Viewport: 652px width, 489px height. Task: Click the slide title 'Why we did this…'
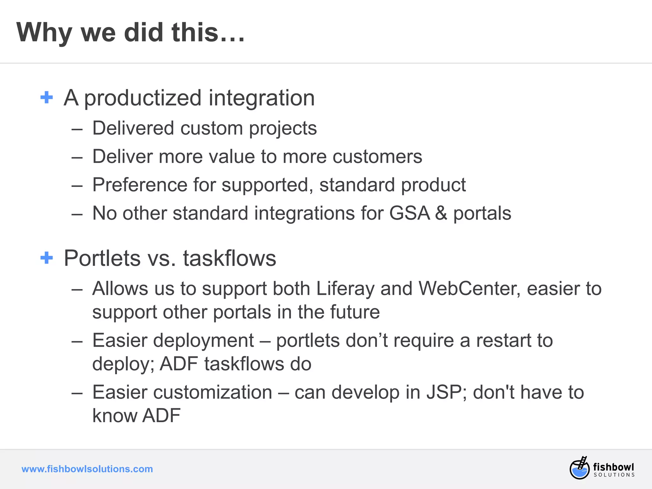coord(131,32)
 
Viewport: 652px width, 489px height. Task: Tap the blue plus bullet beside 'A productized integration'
coord(46,97)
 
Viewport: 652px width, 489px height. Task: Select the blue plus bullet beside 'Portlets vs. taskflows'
coord(46,258)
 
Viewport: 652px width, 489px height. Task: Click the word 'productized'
coord(143,98)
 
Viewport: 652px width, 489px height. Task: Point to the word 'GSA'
coord(409,213)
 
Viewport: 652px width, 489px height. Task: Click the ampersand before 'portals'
coord(441,213)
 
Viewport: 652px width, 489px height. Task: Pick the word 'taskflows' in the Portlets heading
coord(230,258)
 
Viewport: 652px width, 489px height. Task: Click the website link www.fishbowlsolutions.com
coord(87,469)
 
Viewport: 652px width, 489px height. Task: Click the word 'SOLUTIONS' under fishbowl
coord(614,475)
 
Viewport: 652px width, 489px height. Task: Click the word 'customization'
coord(213,392)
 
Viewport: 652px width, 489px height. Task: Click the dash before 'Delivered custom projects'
coord(77,129)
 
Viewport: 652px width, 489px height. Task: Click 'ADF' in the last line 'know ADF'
coord(161,415)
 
